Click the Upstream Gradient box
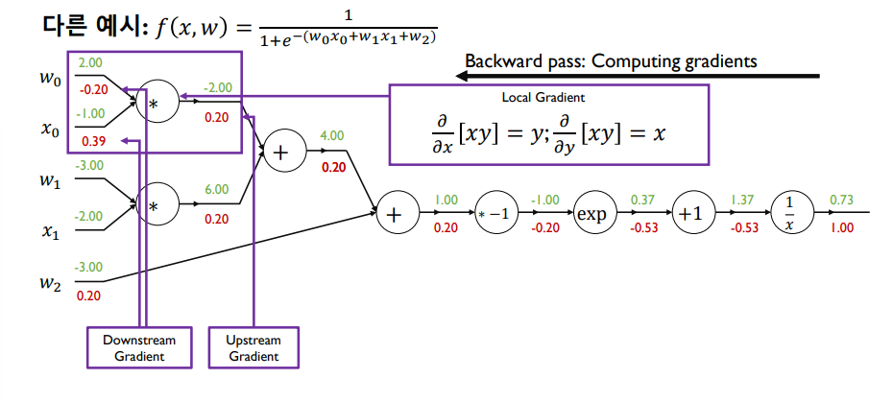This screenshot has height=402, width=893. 253,347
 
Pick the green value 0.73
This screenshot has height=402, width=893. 841,200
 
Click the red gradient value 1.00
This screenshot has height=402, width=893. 841,228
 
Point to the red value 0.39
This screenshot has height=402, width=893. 92,141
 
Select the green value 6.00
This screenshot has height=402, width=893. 217,190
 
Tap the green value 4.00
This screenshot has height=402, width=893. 331,136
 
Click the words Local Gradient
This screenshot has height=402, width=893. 543,98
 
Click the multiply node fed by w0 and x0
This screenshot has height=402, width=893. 157,100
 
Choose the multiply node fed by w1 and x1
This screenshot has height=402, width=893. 157,205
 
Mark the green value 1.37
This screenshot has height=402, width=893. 741,200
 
